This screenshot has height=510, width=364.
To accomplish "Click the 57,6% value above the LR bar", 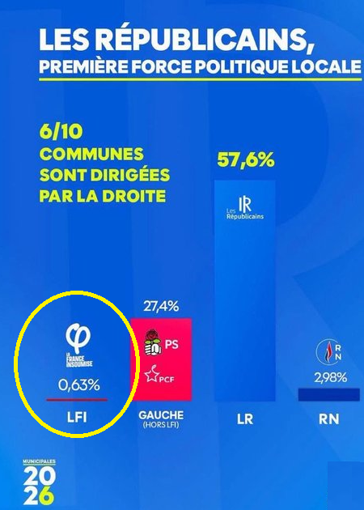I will [246, 160].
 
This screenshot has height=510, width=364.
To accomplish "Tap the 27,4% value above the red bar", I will [161, 306].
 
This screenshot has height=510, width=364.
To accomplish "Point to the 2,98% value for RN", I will [330, 377].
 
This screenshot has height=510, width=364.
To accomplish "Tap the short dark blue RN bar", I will [328, 394].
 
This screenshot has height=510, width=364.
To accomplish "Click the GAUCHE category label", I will [161, 415].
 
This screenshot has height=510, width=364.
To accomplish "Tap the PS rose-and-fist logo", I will [154, 343].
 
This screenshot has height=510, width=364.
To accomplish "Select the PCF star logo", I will [151, 373].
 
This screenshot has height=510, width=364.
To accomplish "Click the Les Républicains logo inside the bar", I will [245, 209].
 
